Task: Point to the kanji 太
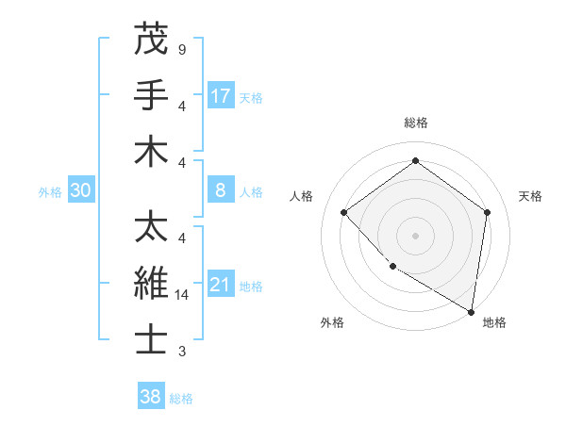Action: pos(151,226)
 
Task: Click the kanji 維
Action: pos(151,284)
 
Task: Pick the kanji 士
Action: pos(151,340)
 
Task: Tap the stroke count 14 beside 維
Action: pos(183,295)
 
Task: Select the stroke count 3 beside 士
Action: pos(181,352)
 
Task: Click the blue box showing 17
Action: pos(221,95)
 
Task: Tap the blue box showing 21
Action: pos(221,285)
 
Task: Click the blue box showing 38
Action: pos(151,397)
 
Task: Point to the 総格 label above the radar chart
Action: pos(415,123)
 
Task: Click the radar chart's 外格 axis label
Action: pos(332,322)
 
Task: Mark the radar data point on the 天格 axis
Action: pos(488,212)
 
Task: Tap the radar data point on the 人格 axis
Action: pos(343,212)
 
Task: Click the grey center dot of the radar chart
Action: pos(415,235)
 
